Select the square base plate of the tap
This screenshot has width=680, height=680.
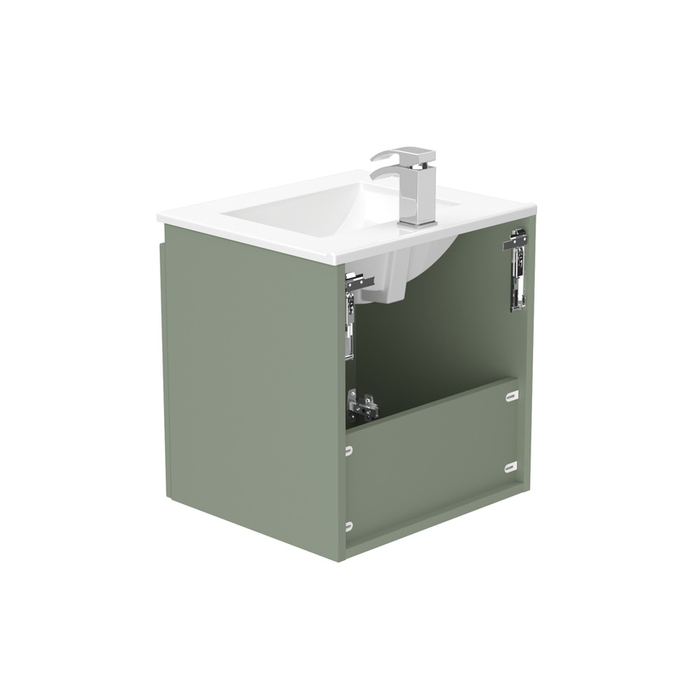pyautogui.click(x=417, y=222)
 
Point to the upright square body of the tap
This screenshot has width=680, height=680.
pyautogui.click(x=421, y=191)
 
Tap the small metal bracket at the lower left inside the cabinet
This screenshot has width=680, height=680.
pyautogui.click(x=362, y=408)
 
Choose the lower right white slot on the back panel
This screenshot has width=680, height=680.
pyautogui.click(x=511, y=465)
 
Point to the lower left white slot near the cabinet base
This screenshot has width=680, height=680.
pyautogui.click(x=348, y=526)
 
